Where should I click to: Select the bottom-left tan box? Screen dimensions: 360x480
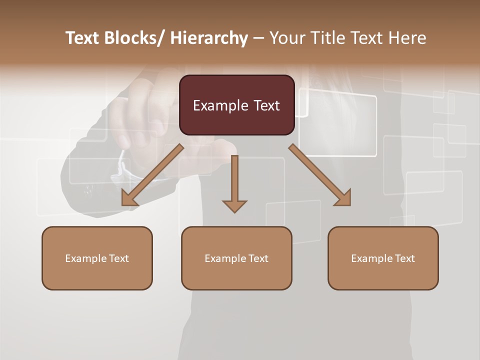pos(97,258)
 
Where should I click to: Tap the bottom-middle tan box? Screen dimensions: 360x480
pos(236,258)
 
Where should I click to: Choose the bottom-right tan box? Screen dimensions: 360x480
pos(383,258)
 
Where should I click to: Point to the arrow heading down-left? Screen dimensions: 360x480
pos(152,175)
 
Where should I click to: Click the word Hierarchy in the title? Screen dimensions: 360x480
pos(209,38)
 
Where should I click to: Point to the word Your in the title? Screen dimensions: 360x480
pos(286,38)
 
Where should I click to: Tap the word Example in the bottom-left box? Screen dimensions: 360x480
pos(86,258)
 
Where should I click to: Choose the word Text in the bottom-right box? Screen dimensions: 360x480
pos(404,258)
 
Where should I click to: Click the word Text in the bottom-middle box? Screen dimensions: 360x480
pos(258,258)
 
